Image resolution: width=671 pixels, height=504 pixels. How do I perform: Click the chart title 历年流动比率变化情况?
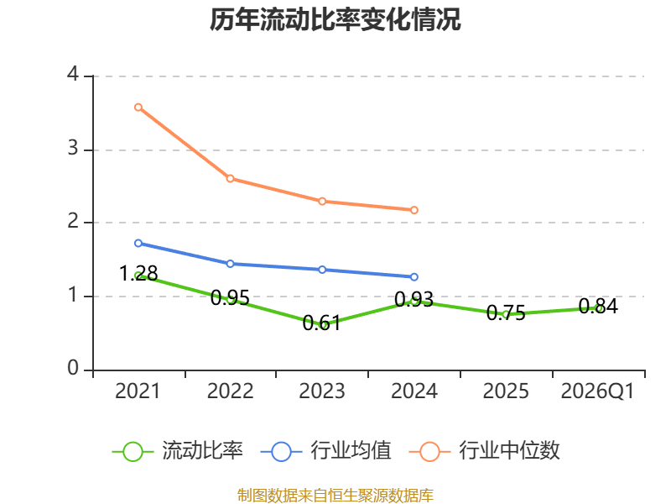coord(335,19)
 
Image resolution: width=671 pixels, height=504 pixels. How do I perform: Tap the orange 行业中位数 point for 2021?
coord(138,108)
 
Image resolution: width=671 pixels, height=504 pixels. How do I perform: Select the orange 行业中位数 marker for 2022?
coord(230,178)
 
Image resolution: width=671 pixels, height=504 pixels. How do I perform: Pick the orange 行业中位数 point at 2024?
coord(414,210)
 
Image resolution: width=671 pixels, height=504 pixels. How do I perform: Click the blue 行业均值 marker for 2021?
coord(138,243)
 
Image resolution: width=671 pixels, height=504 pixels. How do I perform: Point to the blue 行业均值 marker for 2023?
coord(322,270)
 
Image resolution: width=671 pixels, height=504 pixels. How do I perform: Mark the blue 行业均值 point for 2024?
coord(414,277)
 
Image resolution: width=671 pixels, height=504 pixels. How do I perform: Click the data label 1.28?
coord(138,274)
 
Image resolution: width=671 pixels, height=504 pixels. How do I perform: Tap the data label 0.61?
coord(322,323)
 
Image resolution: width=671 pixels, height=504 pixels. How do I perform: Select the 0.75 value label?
coord(506,312)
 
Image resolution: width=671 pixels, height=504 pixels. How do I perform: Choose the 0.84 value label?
coord(598,306)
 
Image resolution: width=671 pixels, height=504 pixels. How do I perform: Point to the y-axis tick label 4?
coord(73,74)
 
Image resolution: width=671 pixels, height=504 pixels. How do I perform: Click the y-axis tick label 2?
coord(73,221)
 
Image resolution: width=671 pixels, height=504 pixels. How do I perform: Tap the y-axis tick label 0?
coord(73,368)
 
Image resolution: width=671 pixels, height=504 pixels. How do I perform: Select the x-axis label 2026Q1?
coord(597,391)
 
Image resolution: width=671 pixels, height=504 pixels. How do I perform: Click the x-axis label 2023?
coord(322,391)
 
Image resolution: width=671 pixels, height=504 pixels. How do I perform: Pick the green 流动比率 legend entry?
coord(178,451)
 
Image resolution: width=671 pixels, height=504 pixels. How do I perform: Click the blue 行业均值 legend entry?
coord(326,451)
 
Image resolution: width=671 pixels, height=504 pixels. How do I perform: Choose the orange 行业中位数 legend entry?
coord(485,451)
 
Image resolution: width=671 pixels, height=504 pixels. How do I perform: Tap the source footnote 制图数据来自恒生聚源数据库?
coord(335,496)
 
